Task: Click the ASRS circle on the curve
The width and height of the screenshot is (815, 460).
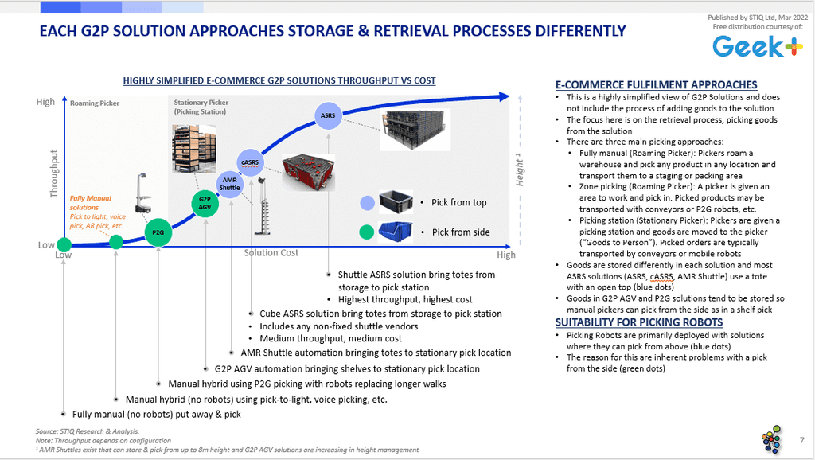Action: click(x=328, y=115)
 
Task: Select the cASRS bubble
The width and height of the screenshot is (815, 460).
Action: click(x=250, y=162)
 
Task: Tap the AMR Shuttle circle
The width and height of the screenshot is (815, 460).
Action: click(x=230, y=184)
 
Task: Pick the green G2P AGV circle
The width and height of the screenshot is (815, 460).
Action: click(x=205, y=203)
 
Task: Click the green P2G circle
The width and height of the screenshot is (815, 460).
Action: click(x=158, y=232)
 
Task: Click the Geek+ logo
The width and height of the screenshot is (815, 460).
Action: click(x=758, y=47)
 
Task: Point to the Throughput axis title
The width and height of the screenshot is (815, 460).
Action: click(x=53, y=173)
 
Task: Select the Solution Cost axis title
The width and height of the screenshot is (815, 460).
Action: click(x=271, y=252)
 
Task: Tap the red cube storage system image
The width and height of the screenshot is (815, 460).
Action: click(x=308, y=172)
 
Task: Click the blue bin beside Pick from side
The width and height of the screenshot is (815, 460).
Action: click(x=396, y=232)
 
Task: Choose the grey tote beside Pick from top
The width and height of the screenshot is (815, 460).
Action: click(x=396, y=201)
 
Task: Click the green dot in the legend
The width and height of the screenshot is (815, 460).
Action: click(x=367, y=232)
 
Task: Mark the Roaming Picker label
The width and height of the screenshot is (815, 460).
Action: click(x=95, y=103)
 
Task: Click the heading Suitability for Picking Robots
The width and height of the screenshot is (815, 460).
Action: click(x=639, y=322)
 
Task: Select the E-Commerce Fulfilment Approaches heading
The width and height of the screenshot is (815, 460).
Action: click(x=657, y=84)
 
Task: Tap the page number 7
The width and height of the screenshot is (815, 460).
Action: click(x=802, y=440)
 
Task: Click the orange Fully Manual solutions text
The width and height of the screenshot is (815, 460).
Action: click(x=91, y=203)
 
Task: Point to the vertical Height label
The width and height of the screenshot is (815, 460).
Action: click(x=519, y=170)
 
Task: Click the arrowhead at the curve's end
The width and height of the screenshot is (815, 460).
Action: click(x=504, y=96)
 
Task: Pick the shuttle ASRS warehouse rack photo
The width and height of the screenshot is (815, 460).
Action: click(x=415, y=130)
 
